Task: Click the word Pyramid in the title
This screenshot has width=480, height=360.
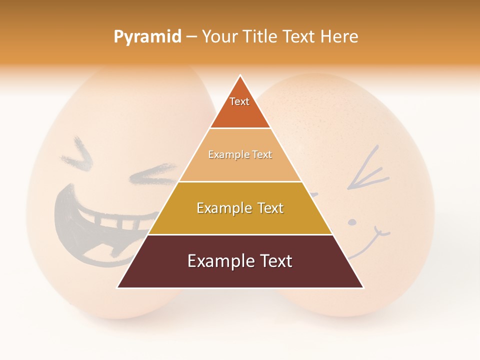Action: [x=147, y=37]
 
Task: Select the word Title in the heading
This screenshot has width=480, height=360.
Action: [x=260, y=36]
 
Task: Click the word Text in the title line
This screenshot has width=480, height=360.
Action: [x=299, y=36]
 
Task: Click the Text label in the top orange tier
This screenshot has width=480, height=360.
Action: [x=239, y=101]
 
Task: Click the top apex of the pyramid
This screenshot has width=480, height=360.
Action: [x=240, y=76]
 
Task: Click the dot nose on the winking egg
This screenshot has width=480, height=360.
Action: [x=352, y=221]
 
